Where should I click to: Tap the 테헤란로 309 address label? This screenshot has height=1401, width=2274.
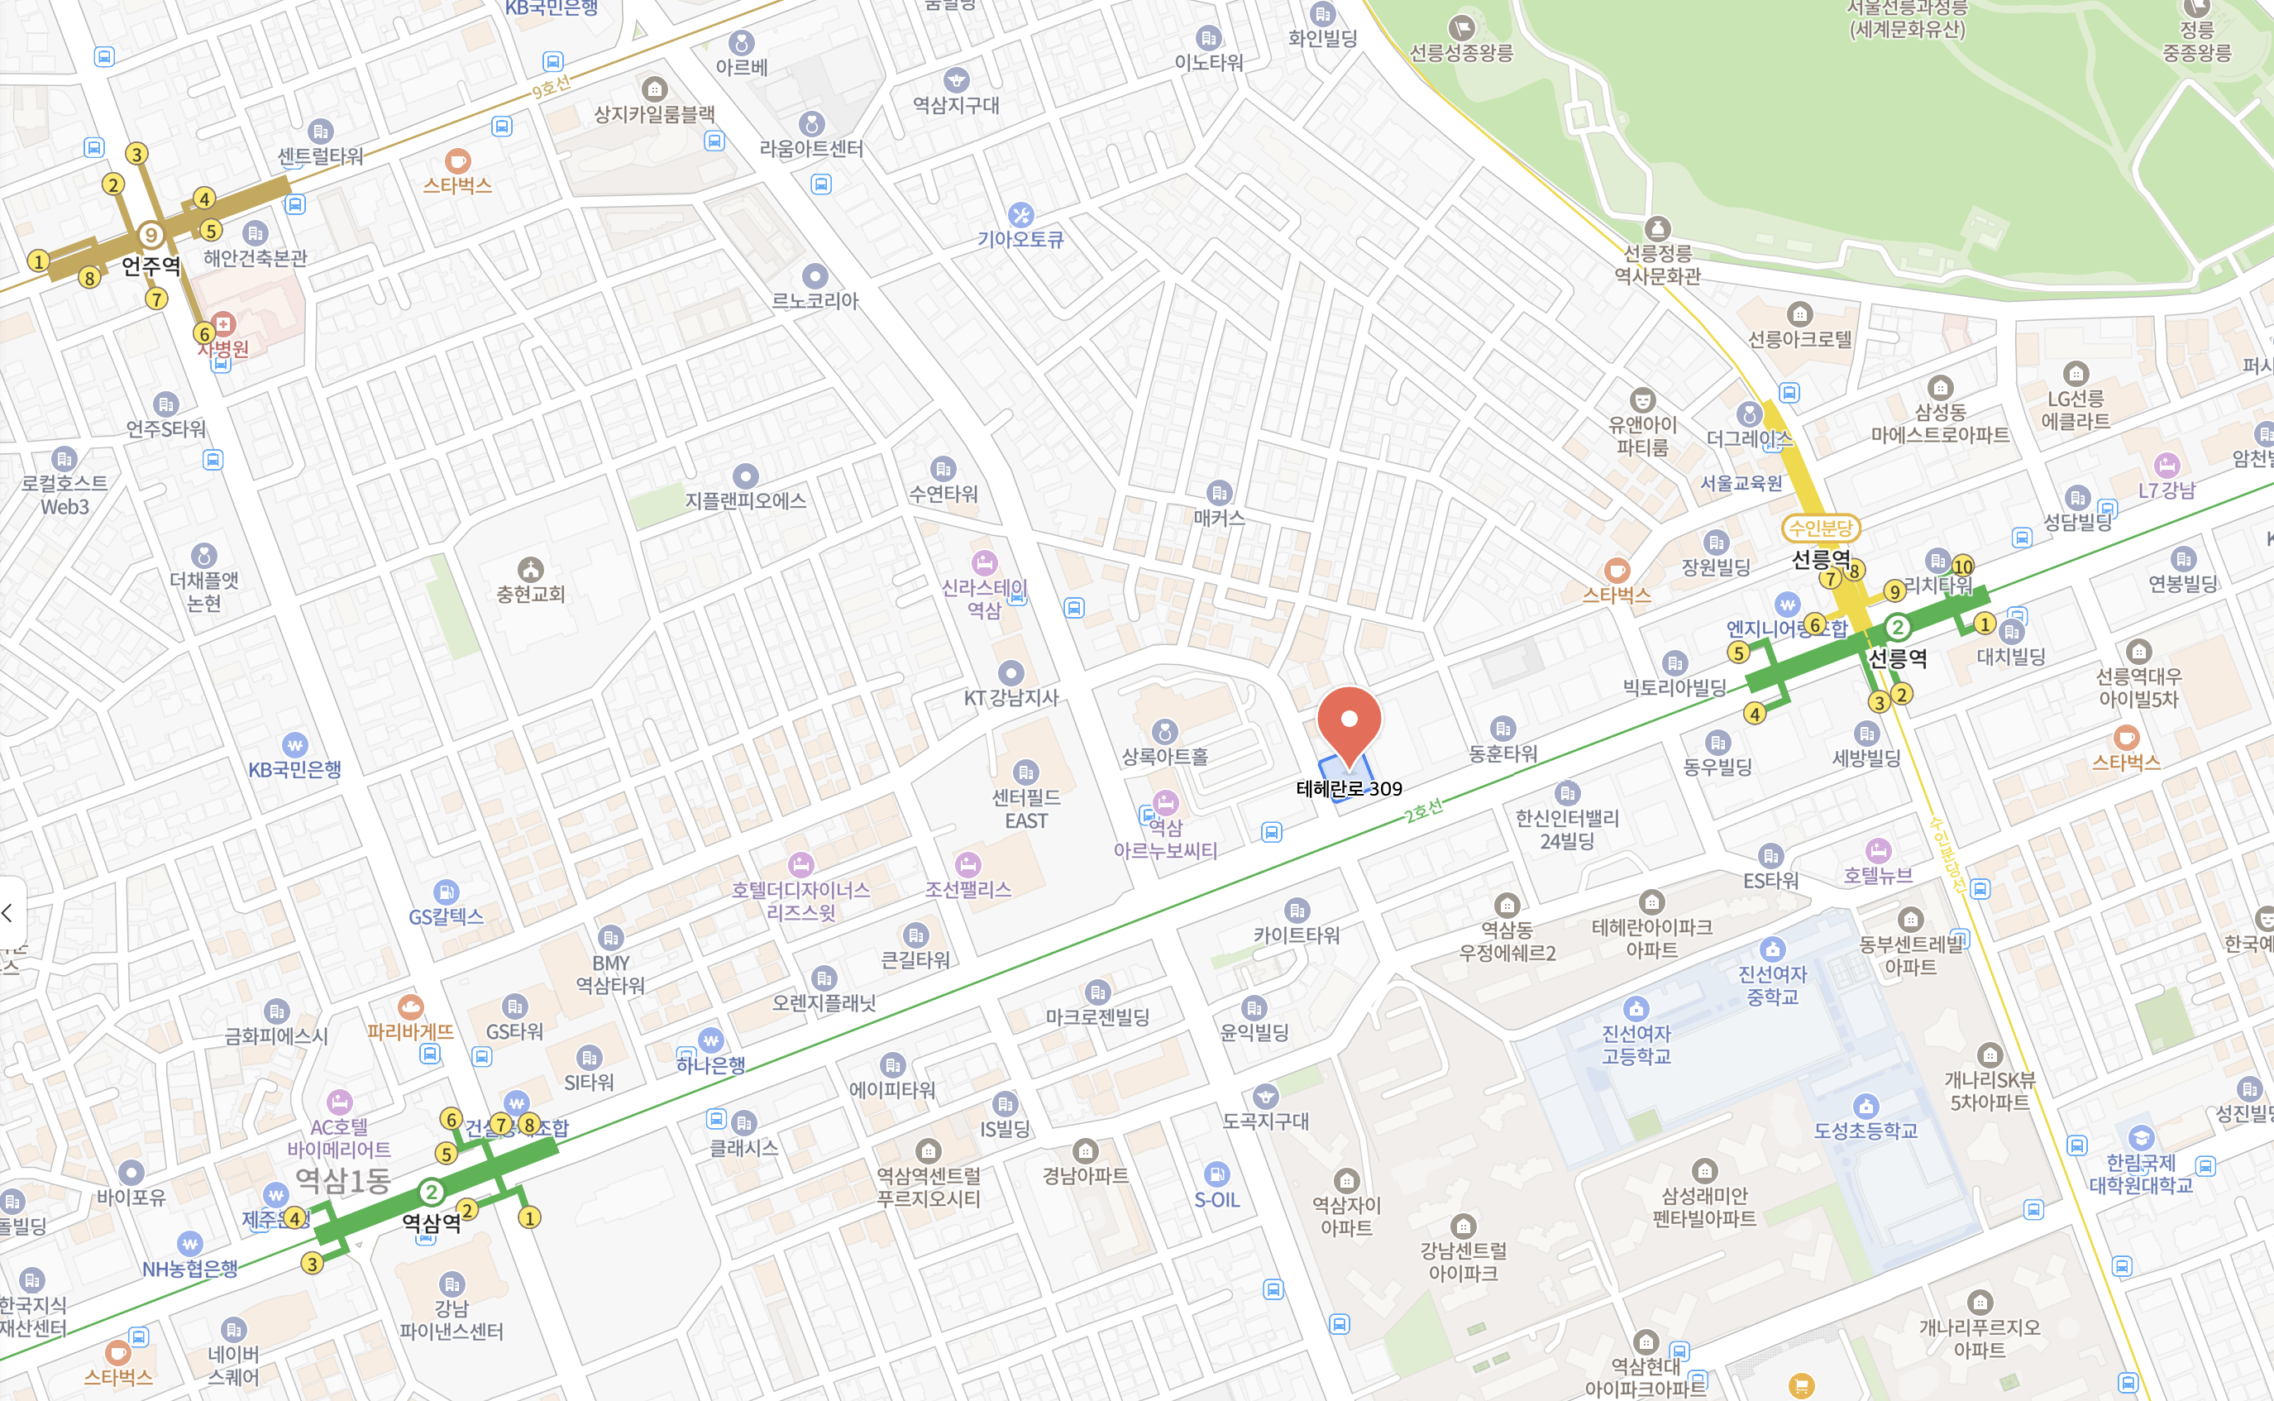pyautogui.click(x=1349, y=788)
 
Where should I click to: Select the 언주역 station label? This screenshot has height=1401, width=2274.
pyautogui.click(x=151, y=266)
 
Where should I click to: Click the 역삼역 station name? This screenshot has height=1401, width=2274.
pyautogui.click(x=431, y=1222)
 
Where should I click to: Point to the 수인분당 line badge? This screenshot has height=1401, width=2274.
pyautogui.click(x=1820, y=528)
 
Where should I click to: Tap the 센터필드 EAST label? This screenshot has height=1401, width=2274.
pyautogui.click(x=1025, y=808)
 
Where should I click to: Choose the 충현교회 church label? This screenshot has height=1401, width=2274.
pyautogui.click(x=531, y=593)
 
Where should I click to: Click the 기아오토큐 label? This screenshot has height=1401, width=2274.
pyautogui.click(x=1020, y=239)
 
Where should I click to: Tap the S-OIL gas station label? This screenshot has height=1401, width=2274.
pyautogui.click(x=1216, y=1200)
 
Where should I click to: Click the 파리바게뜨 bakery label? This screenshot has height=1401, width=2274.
pyautogui.click(x=410, y=1031)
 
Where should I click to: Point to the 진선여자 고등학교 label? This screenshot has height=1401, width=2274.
pyautogui.click(x=1636, y=1045)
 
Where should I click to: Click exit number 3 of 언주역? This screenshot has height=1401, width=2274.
pyautogui.click(x=137, y=154)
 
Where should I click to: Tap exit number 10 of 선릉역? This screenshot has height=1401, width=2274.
pyautogui.click(x=1963, y=567)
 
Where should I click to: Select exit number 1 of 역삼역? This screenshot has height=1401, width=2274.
pyautogui.click(x=529, y=1217)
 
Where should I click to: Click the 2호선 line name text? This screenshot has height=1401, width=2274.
pyautogui.click(x=1423, y=810)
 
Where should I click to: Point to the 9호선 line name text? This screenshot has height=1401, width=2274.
pyautogui.click(x=551, y=88)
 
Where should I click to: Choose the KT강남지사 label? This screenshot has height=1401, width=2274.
pyautogui.click(x=1010, y=698)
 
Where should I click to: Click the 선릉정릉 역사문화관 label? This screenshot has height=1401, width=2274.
pyautogui.click(x=1657, y=264)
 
